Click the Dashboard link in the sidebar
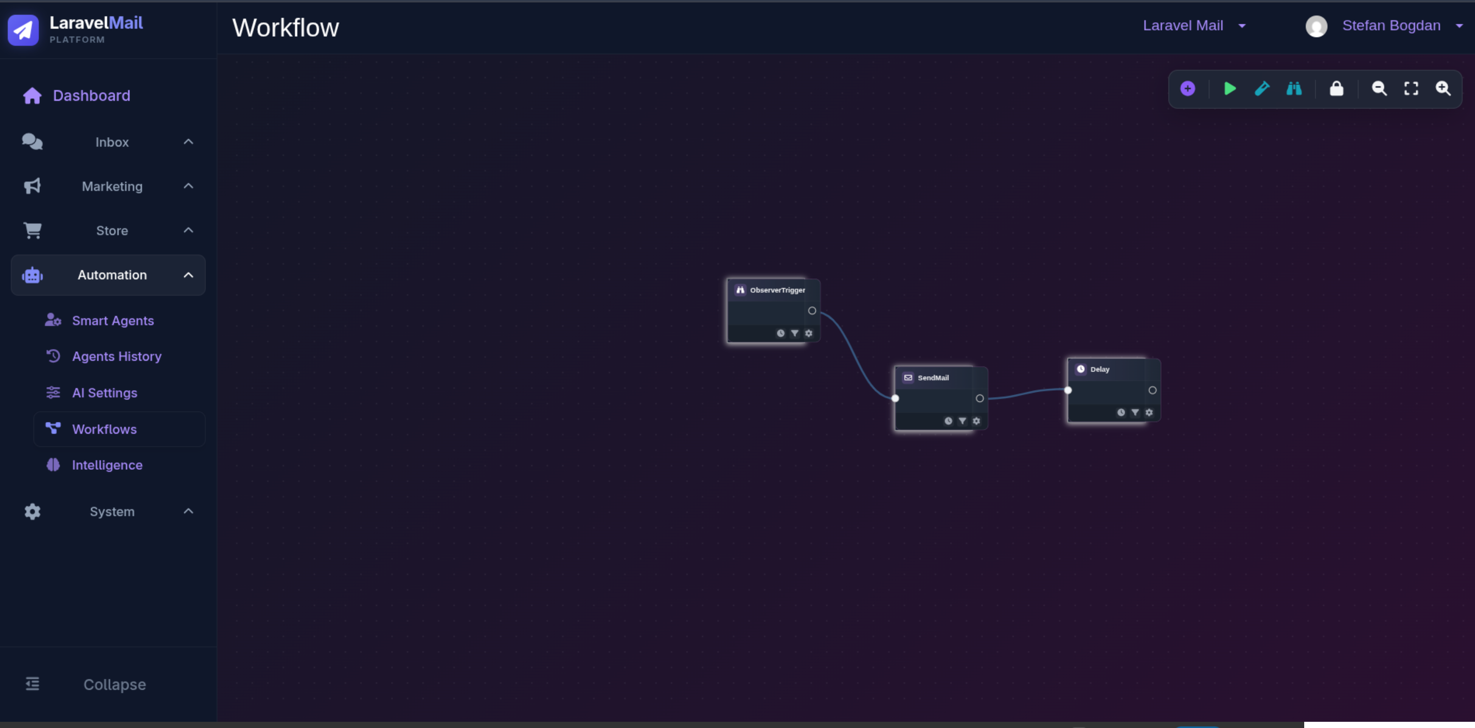click(92, 96)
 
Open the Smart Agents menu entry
click(113, 320)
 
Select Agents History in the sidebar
click(117, 356)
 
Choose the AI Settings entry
click(105, 393)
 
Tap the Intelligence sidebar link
click(107, 465)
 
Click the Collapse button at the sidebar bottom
click(114, 684)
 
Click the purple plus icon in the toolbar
click(1188, 88)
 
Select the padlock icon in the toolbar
click(1336, 88)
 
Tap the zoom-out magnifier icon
click(1379, 88)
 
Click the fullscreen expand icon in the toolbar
click(1411, 88)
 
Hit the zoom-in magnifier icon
click(1443, 88)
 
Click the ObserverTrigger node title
click(777, 290)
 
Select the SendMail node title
click(933, 378)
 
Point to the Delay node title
click(1100, 369)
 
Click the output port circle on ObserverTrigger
click(812, 311)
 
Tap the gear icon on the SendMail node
click(976, 421)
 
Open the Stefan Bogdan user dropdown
click(1391, 26)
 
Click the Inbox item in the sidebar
click(112, 142)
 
